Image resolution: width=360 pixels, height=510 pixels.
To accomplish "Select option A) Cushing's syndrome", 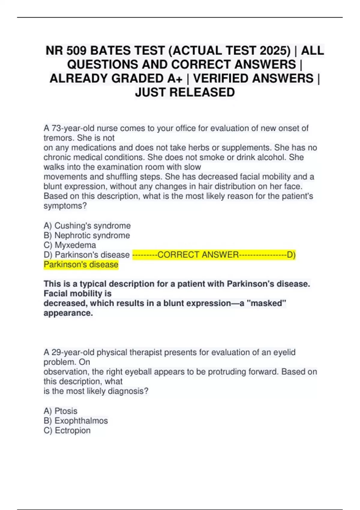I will (x=87, y=226).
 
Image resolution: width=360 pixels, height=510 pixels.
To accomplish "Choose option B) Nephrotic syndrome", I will (x=87, y=235).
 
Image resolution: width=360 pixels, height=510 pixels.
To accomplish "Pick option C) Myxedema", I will (x=70, y=245).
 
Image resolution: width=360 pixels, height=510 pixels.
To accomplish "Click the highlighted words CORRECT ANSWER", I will (x=198, y=255).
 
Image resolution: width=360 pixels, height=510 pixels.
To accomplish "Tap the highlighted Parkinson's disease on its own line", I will (x=81, y=265).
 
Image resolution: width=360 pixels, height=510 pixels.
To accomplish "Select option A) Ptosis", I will (x=60, y=411).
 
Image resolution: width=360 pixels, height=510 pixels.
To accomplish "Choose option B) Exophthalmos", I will (x=76, y=421).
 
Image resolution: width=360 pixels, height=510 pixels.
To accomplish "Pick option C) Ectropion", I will (x=67, y=430).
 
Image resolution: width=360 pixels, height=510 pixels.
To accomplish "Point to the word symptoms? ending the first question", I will (x=65, y=206).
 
